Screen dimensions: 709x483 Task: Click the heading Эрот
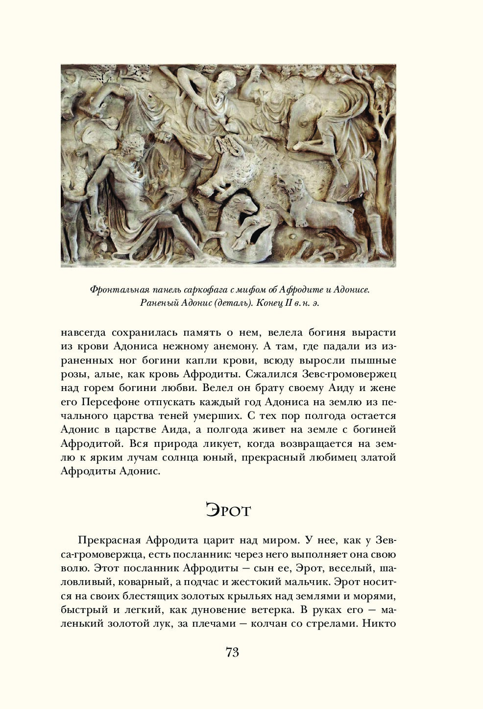click(x=228, y=510)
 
